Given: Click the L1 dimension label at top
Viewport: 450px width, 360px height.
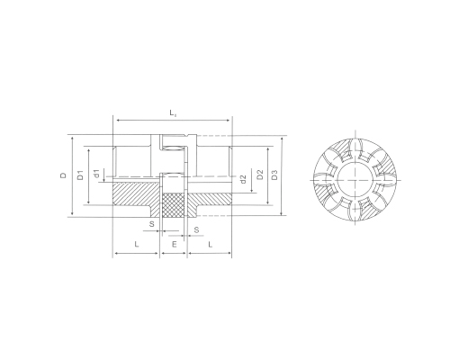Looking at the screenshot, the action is pyautogui.click(x=173, y=113).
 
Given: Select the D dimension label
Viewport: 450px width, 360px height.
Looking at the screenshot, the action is pyautogui.click(x=63, y=175).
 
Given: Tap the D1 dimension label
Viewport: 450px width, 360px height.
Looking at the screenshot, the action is pyautogui.click(x=80, y=175).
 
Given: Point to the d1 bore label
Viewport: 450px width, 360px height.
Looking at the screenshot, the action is pyautogui.click(x=96, y=174).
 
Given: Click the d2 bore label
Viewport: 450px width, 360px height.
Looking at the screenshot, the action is pyautogui.click(x=243, y=179).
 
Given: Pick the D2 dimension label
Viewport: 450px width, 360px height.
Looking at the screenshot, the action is pyautogui.click(x=260, y=175).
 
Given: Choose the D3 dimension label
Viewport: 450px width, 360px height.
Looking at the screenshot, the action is pyautogui.click(x=274, y=175).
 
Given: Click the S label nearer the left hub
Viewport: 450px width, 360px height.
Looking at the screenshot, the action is pyautogui.click(x=152, y=224).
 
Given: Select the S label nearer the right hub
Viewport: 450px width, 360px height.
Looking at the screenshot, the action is pyautogui.click(x=196, y=229).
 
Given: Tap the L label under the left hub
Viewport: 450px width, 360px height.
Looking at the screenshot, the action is pyautogui.click(x=137, y=244).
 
